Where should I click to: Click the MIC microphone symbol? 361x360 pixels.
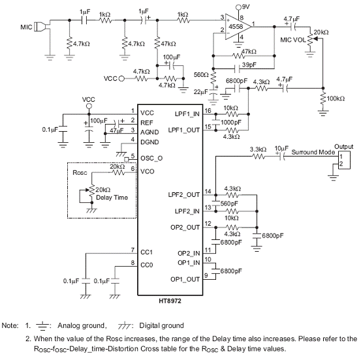pyautogui.click(x=40, y=27)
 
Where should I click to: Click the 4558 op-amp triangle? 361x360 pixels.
pyautogui.click(x=238, y=27)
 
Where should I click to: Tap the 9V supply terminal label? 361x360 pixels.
pyautogui.click(x=245, y=7)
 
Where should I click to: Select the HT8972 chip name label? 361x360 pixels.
pyautogui.click(x=170, y=301)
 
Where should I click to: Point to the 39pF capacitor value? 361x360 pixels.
pyautogui.click(x=249, y=65)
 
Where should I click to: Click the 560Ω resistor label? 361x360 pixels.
pyautogui.click(x=201, y=75)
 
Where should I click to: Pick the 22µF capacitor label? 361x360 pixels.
pyautogui.click(x=200, y=92)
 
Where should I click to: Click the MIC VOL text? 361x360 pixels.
pyautogui.click(x=293, y=40)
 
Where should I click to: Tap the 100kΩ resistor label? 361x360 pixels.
pyautogui.click(x=336, y=98)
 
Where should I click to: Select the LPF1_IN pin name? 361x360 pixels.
pyautogui.click(x=187, y=114)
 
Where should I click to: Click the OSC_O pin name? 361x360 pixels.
pyautogui.click(x=151, y=158)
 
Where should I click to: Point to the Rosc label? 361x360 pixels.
pyautogui.click(x=80, y=173)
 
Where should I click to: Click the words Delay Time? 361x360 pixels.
pyautogui.click(x=112, y=198)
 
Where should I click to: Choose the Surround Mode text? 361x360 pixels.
pyautogui.click(x=313, y=152)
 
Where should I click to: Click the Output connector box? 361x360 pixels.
pyautogui.click(x=344, y=160)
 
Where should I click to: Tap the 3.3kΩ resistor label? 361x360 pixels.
pyautogui.click(x=258, y=149)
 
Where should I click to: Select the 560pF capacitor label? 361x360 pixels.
pyautogui.click(x=229, y=203)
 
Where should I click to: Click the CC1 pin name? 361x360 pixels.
pyautogui.click(x=146, y=252)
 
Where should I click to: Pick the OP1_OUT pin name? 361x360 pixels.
pyautogui.click(x=185, y=279)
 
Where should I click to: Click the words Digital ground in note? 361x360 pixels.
pyautogui.click(x=161, y=325)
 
